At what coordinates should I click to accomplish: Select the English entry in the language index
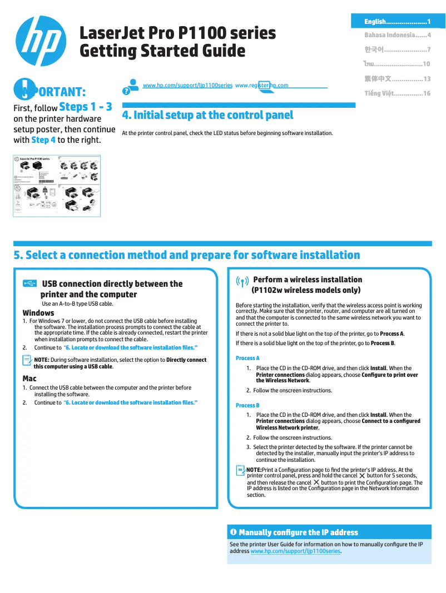397,22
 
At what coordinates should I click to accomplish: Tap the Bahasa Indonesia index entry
397,36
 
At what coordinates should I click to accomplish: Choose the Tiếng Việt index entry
397,93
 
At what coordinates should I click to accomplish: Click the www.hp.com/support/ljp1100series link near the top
187,86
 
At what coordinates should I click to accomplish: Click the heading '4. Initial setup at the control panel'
207,116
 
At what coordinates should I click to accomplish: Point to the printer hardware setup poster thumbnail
57,186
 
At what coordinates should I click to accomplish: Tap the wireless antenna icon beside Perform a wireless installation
242,282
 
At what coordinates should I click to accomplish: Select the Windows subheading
38,313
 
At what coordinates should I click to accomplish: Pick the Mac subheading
29,378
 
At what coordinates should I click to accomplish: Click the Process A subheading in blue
247,358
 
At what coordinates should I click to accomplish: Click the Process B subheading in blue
247,405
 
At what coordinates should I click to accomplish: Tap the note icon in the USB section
27,361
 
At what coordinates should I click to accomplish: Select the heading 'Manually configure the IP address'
298,532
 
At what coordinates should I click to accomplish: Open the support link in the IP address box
295,551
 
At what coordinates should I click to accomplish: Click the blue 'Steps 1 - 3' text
86,107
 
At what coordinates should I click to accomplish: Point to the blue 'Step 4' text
43,140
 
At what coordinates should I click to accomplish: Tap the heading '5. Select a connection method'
187,255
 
